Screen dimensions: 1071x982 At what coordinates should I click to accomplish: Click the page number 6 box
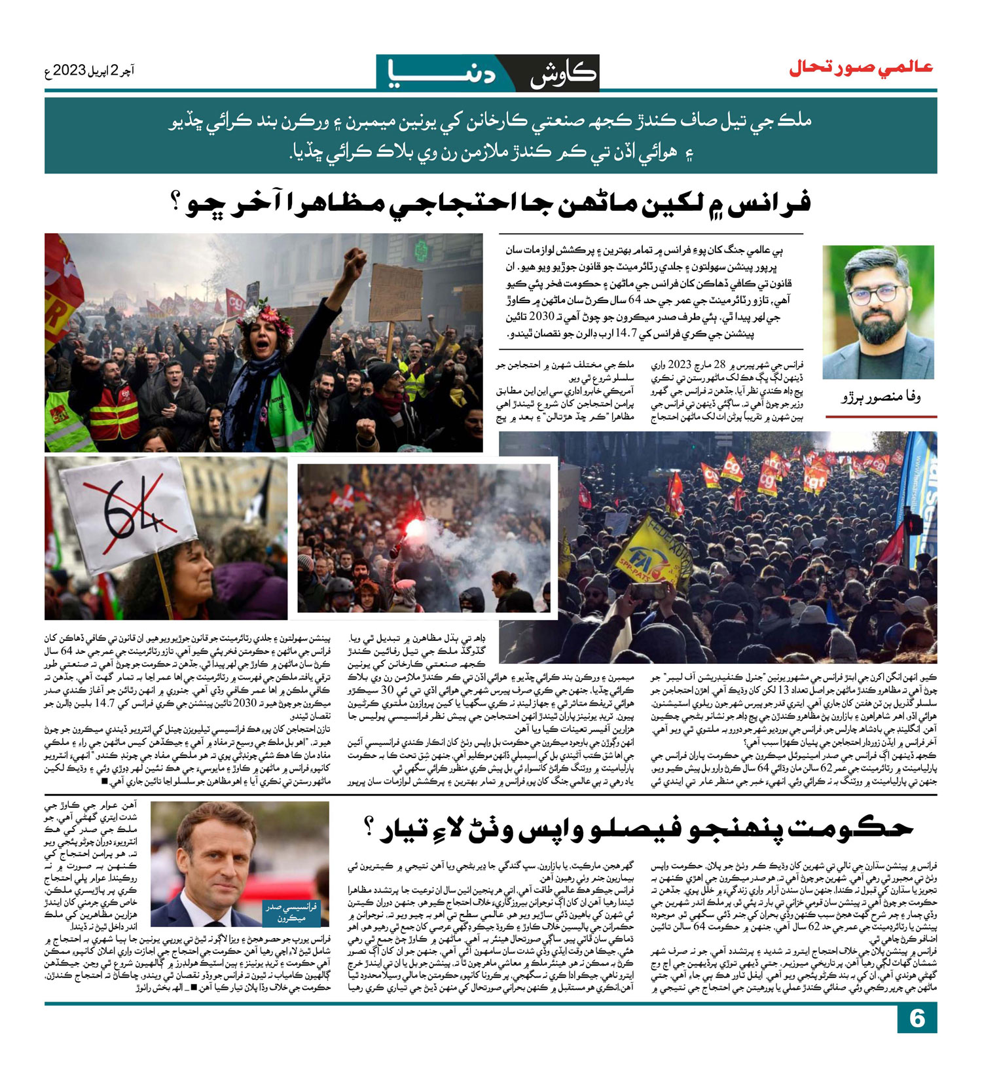pos(917,1019)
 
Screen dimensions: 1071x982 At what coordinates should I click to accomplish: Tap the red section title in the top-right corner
pos(860,67)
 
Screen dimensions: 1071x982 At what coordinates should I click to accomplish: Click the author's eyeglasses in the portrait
pos(875,293)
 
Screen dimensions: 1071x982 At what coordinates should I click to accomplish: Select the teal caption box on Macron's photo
pos(291,911)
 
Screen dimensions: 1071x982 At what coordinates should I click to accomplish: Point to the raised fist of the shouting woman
pos(355,261)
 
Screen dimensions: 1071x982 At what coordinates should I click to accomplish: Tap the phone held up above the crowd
pos(647,590)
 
